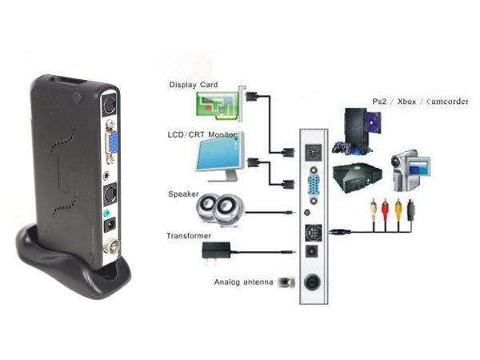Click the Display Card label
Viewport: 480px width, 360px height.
click(194, 85)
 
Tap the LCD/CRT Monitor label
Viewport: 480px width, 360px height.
click(202, 134)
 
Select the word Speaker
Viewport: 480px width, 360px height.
click(183, 194)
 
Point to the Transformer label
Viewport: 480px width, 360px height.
click(189, 236)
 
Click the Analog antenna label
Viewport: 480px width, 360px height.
click(243, 282)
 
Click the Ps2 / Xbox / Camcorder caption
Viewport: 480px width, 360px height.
click(420, 102)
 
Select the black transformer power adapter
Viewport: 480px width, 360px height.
click(216, 250)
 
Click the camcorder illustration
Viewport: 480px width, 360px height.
click(410, 170)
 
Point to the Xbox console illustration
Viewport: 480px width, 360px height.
click(358, 178)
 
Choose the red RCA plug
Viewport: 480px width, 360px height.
click(385, 210)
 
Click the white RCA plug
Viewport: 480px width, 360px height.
click(373, 210)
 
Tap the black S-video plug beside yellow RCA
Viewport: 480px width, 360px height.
click(411, 210)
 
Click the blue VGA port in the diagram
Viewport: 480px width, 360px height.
click(314, 186)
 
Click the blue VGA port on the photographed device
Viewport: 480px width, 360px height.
click(113, 142)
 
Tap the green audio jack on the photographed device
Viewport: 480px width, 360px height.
click(107, 213)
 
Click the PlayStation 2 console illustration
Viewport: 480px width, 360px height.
click(358, 132)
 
